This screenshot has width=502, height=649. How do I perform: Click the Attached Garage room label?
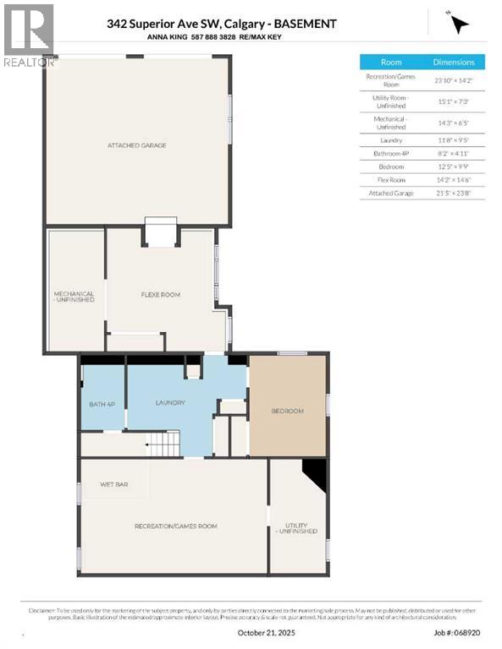click(x=136, y=145)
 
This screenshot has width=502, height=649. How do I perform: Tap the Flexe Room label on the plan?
click(x=160, y=295)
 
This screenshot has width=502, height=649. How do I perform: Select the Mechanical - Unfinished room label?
click(x=74, y=297)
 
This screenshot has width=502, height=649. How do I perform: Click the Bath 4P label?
click(x=102, y=404)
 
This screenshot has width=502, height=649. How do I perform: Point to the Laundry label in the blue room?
click(x=169, y=402)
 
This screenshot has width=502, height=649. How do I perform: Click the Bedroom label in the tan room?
click(x=287, y=411)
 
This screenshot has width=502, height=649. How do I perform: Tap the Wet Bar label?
click(x=113, y=484)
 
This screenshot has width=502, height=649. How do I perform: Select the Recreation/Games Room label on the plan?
click(x=175, y=526)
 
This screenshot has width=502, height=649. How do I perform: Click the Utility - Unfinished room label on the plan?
click(x=296, y=527)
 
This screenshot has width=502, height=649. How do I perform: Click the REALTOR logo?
click(x=28, y=35)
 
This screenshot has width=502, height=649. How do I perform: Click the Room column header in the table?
click(x=391, y=63)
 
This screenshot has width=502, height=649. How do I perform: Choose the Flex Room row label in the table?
click(x=391, y=180)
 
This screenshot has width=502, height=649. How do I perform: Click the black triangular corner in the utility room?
click(x=317, y=473)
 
